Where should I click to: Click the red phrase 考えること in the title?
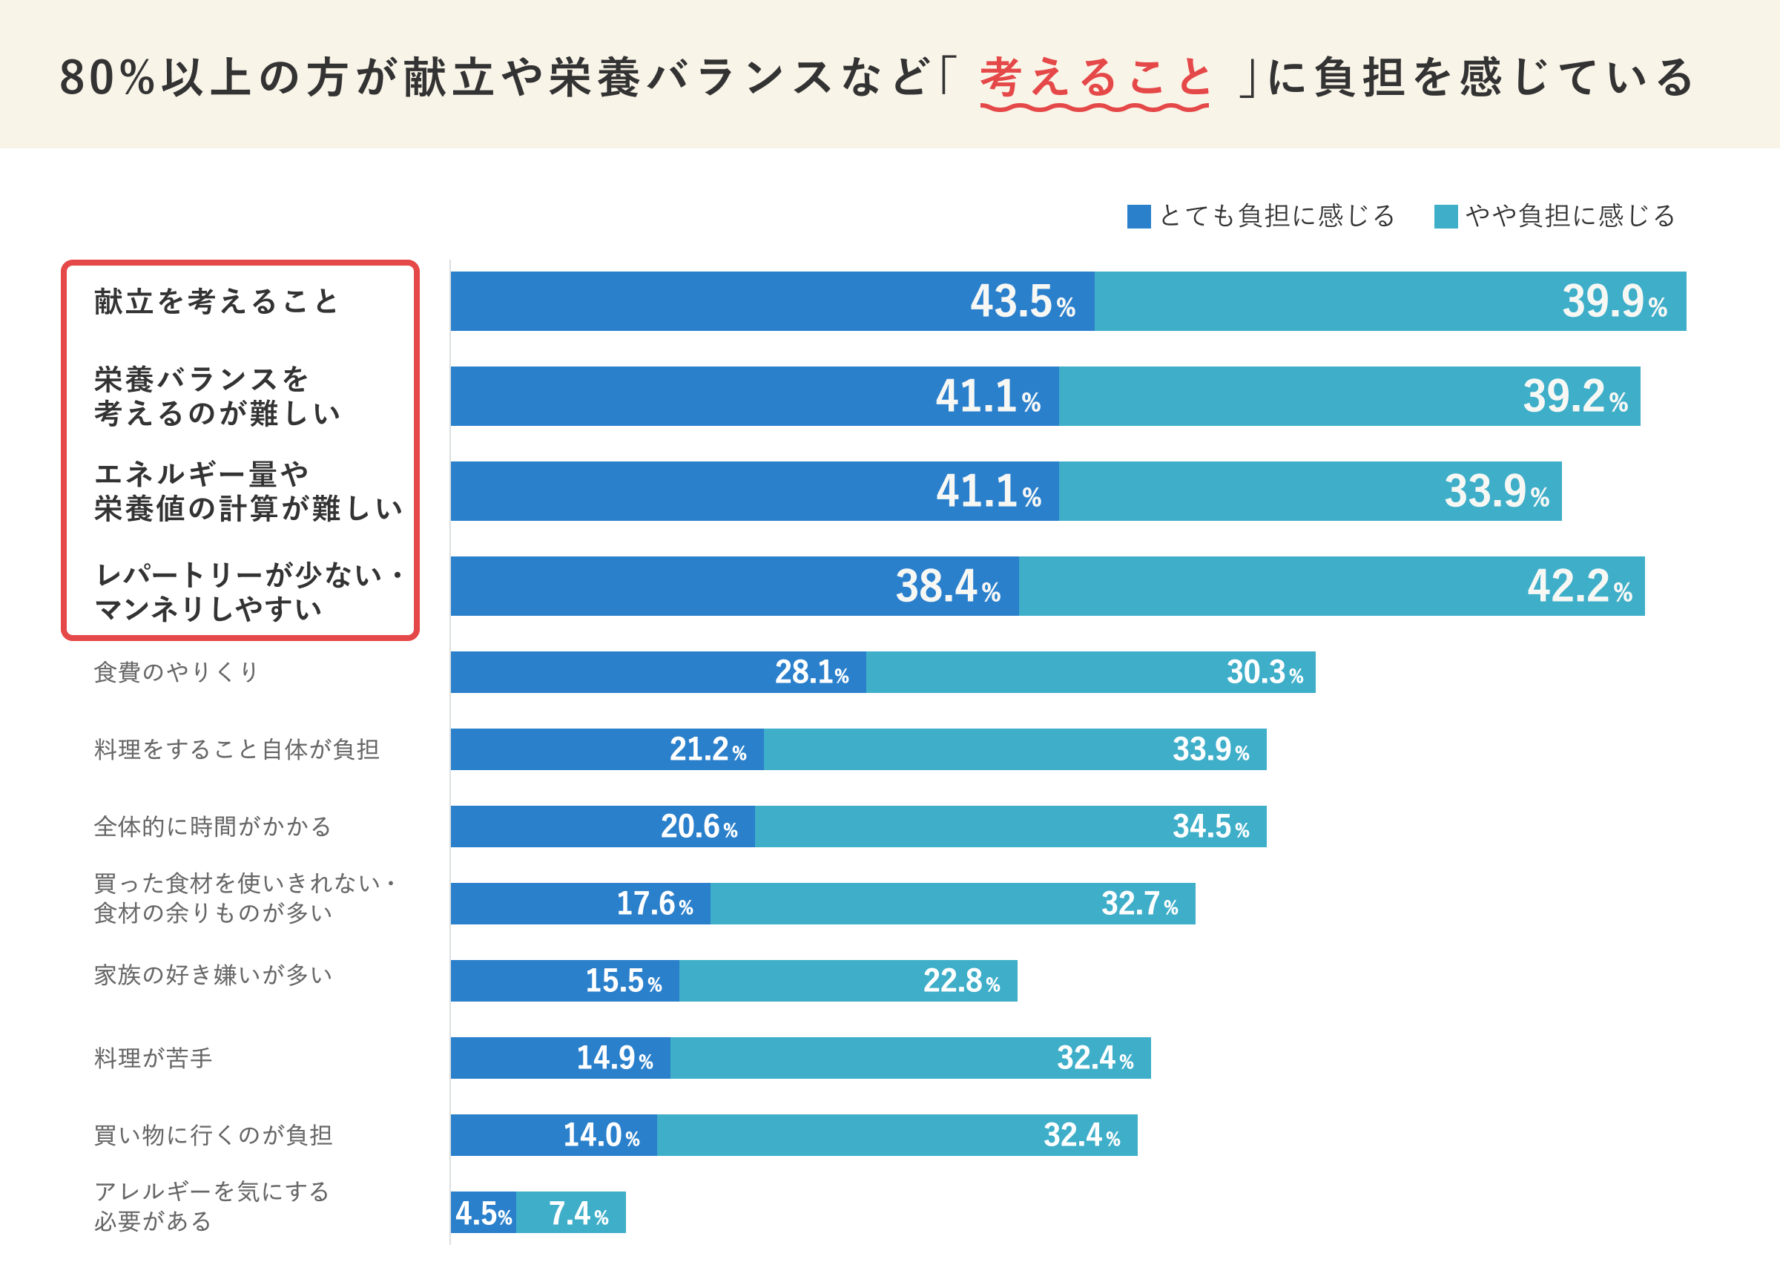coord(1095,78)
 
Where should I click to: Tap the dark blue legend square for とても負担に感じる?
coord(1138,216)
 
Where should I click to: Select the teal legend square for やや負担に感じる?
coord(1445,216)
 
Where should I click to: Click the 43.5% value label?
coord(1022,301)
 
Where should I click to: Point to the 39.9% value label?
coord(1614,301)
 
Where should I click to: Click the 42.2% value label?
coord(1579,586)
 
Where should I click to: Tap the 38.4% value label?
coord(947,586)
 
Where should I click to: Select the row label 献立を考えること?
coord(216,301)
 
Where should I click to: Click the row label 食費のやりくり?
coord(176,672)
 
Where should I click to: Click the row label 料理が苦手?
coord(153,1057)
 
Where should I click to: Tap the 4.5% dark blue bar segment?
coord(483,1213)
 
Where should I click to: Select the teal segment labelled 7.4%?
coord(571,1213)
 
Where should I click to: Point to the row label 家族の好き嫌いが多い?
coord(213,975)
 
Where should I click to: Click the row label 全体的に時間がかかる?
coord(213,826)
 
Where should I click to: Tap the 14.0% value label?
coord(601,1135)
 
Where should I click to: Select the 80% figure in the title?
coord(107,78)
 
